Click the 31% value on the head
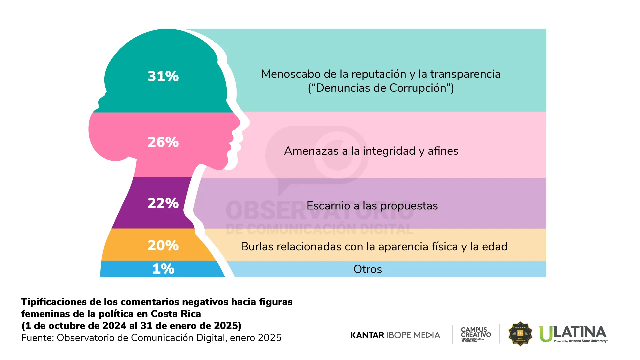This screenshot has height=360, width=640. (163, 76)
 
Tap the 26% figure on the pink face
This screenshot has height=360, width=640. (163, 142)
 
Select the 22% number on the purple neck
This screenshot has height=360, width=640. (163, 203)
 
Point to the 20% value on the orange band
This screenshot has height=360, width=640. (163, 245)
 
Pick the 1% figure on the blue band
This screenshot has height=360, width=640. (163, 269)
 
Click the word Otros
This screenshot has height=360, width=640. (368, 269)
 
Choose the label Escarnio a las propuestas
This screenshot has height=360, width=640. (372, 206)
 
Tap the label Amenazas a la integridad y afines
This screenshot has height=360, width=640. (371, 151)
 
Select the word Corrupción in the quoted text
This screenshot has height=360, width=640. (418, 88)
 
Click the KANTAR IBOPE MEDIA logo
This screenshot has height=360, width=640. (395, 335)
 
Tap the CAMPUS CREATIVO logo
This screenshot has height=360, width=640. (476, 334)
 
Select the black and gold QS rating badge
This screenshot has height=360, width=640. (520, 334)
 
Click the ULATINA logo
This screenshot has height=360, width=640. (573, 334)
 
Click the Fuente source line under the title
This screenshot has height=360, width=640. (151, 338)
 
